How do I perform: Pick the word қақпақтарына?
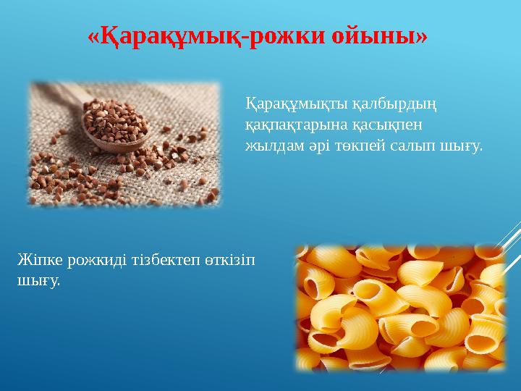point(289,125)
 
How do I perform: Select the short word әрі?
point(307,146)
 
